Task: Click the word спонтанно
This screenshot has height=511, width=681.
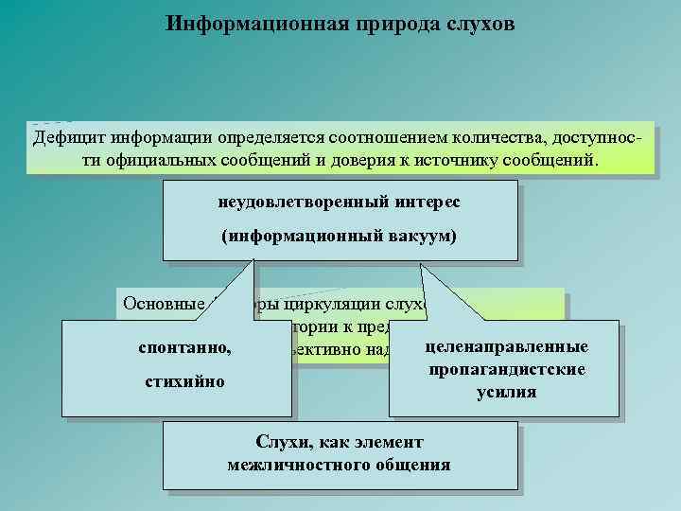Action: [184, 348]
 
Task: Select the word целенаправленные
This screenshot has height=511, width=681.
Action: [507, 346]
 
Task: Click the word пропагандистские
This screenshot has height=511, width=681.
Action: [507, 368]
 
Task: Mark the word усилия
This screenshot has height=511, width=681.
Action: [507, 390]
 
